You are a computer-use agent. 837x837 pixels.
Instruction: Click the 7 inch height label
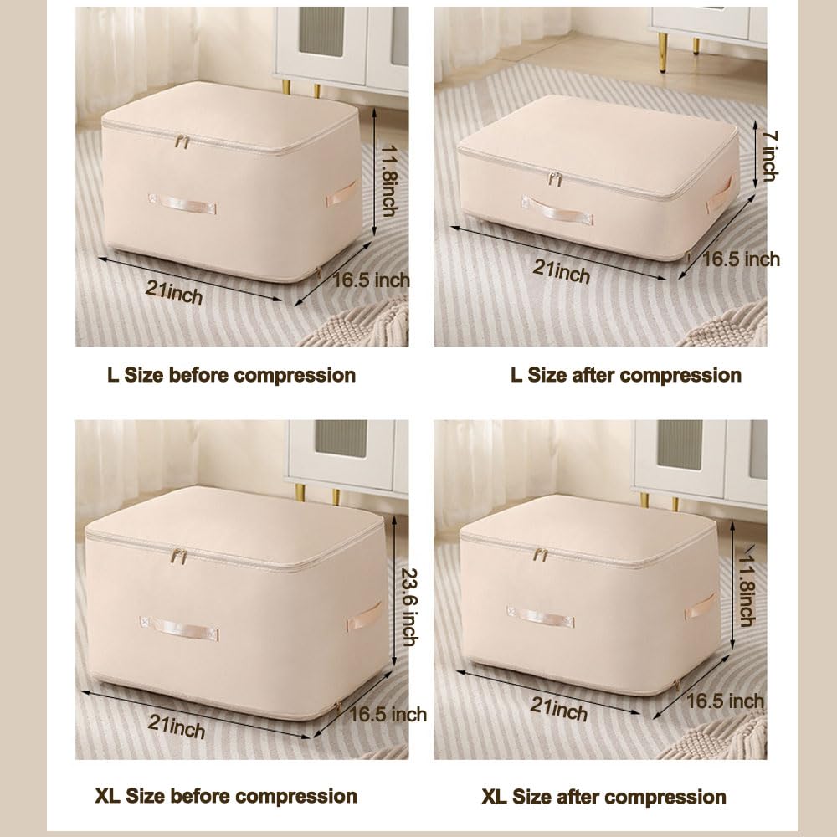[768, 156]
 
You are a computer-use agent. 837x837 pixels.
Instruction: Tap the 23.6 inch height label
[409, 607]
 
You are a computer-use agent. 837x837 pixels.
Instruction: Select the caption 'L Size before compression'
[231, 375]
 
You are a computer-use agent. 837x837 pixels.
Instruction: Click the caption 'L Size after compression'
[626, 375]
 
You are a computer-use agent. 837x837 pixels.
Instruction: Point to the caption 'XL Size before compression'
[226, 796]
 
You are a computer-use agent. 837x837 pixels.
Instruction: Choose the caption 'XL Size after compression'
[603, 797]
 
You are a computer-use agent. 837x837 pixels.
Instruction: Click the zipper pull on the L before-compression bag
[182, 142]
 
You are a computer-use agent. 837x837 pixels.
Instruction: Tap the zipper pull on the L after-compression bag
[555, 179]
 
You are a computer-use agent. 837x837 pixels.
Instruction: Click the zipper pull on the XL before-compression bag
[179, 557]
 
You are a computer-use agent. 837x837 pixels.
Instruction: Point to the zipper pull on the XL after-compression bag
[541, 555]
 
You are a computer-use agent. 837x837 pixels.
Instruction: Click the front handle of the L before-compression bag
[182, 203]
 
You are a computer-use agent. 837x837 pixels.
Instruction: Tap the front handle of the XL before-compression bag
[179, 628]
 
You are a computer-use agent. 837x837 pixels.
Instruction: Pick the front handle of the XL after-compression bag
[541, 617]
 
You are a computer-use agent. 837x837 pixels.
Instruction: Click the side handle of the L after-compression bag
[720, 194]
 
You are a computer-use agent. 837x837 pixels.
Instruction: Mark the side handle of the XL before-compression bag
[365, 617]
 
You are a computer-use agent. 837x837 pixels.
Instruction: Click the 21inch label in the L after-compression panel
[562, 272]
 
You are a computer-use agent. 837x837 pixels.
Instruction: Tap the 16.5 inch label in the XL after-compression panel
[725, 701]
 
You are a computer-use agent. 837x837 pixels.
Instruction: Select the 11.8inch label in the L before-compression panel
[389, 181]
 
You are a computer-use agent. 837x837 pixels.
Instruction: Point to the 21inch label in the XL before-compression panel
[177, 727]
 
